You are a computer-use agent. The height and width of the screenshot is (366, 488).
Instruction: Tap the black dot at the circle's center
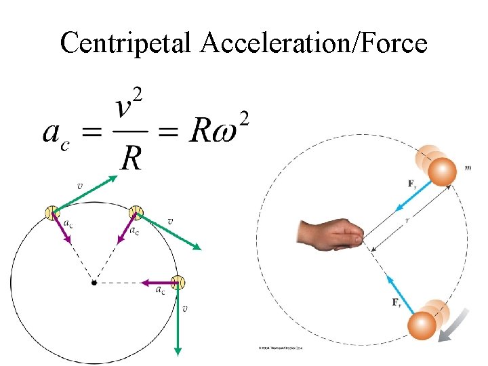tap(94, 282)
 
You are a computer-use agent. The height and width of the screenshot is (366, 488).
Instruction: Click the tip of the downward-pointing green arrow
tap(178, 352)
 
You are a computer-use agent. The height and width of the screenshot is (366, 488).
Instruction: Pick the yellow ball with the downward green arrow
tap(178, 282)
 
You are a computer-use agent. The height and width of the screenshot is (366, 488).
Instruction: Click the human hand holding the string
tap(330, 234)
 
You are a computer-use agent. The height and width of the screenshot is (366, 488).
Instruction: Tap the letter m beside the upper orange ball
tap(469, 167)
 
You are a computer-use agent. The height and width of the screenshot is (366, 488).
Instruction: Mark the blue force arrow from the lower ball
tap(399, 291)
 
